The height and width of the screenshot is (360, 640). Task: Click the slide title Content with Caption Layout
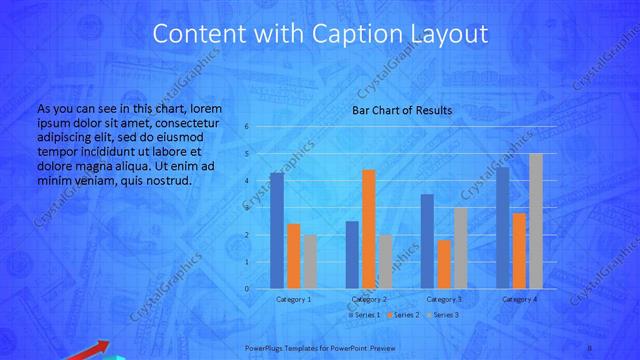pyautogui.click(x=320, y=35)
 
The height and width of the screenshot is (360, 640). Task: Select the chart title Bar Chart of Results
pyautogui.click(x=401, y=109)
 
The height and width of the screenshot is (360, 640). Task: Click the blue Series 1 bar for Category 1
pyautogui.click(x=277, y=230)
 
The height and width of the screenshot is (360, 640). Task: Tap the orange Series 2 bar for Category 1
pyautogui.click(x=293, y=256)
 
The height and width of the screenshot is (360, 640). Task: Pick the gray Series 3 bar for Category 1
pyautogui.click(x=310, y=262)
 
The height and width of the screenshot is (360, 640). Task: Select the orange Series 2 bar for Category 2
pyautogui.click(x=368, y=229)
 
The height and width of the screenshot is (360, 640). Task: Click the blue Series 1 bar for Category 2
pyautogui.click(x=352, y=255)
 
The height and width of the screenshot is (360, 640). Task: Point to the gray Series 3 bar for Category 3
pyautogui.click(x=460, y=248)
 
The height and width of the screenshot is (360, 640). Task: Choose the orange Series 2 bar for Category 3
pyautogui.click(x=444, y=264)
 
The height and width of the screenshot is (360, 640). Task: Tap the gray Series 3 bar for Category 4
pyautogui.click(x=536, y=221)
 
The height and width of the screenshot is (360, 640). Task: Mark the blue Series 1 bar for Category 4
pyautogui.click(x=502, y=228)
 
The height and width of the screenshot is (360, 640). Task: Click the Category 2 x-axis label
pyautogui.click(x=369, y=299)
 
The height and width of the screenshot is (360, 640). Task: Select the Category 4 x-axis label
pyautogui.click(x=520, y=299)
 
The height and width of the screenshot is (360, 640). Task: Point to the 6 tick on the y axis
pyautogui.click(x=247, y=127)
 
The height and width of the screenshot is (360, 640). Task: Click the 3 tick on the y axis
pyautogui.click(x=247, y=208)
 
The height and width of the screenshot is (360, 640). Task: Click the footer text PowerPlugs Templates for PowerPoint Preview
pyautogui.click(x=320, y=348)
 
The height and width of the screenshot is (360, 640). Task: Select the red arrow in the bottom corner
pyautogui.click(x=85, y=351)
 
